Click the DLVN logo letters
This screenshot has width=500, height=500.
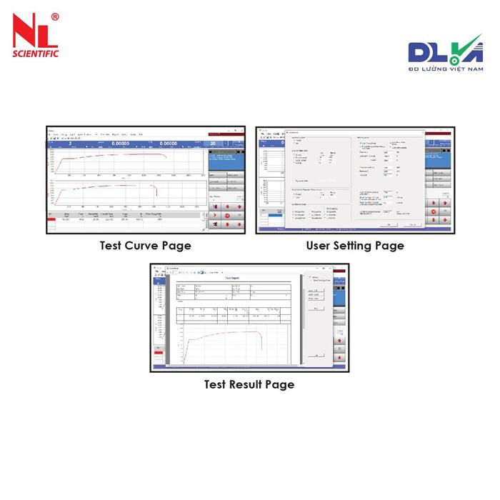point(435,54)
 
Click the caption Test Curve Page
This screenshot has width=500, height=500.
point(145,246)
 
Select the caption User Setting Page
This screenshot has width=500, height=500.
point(355,246)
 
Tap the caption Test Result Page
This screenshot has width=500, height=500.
point(249,384)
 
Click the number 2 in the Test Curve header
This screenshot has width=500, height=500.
point(71,143)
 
